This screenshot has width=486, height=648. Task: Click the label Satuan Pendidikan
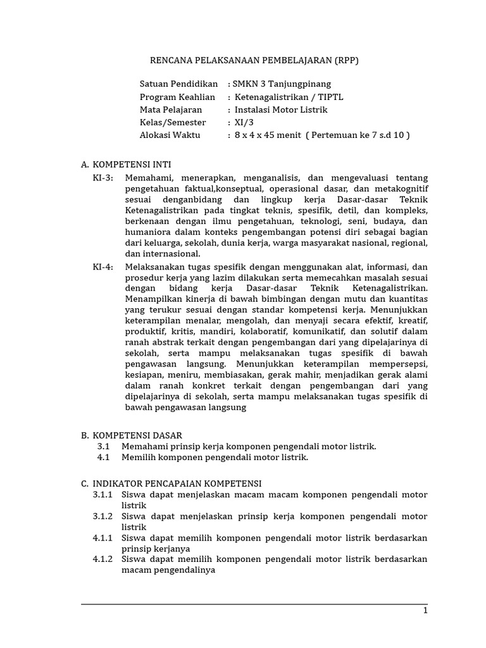[178, 84]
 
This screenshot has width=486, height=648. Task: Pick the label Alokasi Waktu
[170, 135]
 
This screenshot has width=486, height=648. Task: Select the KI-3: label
[103, 178]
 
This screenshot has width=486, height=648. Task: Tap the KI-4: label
[103, 266]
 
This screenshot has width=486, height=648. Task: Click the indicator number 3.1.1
[103, 494]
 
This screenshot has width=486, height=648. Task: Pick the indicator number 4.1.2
[103, 559]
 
